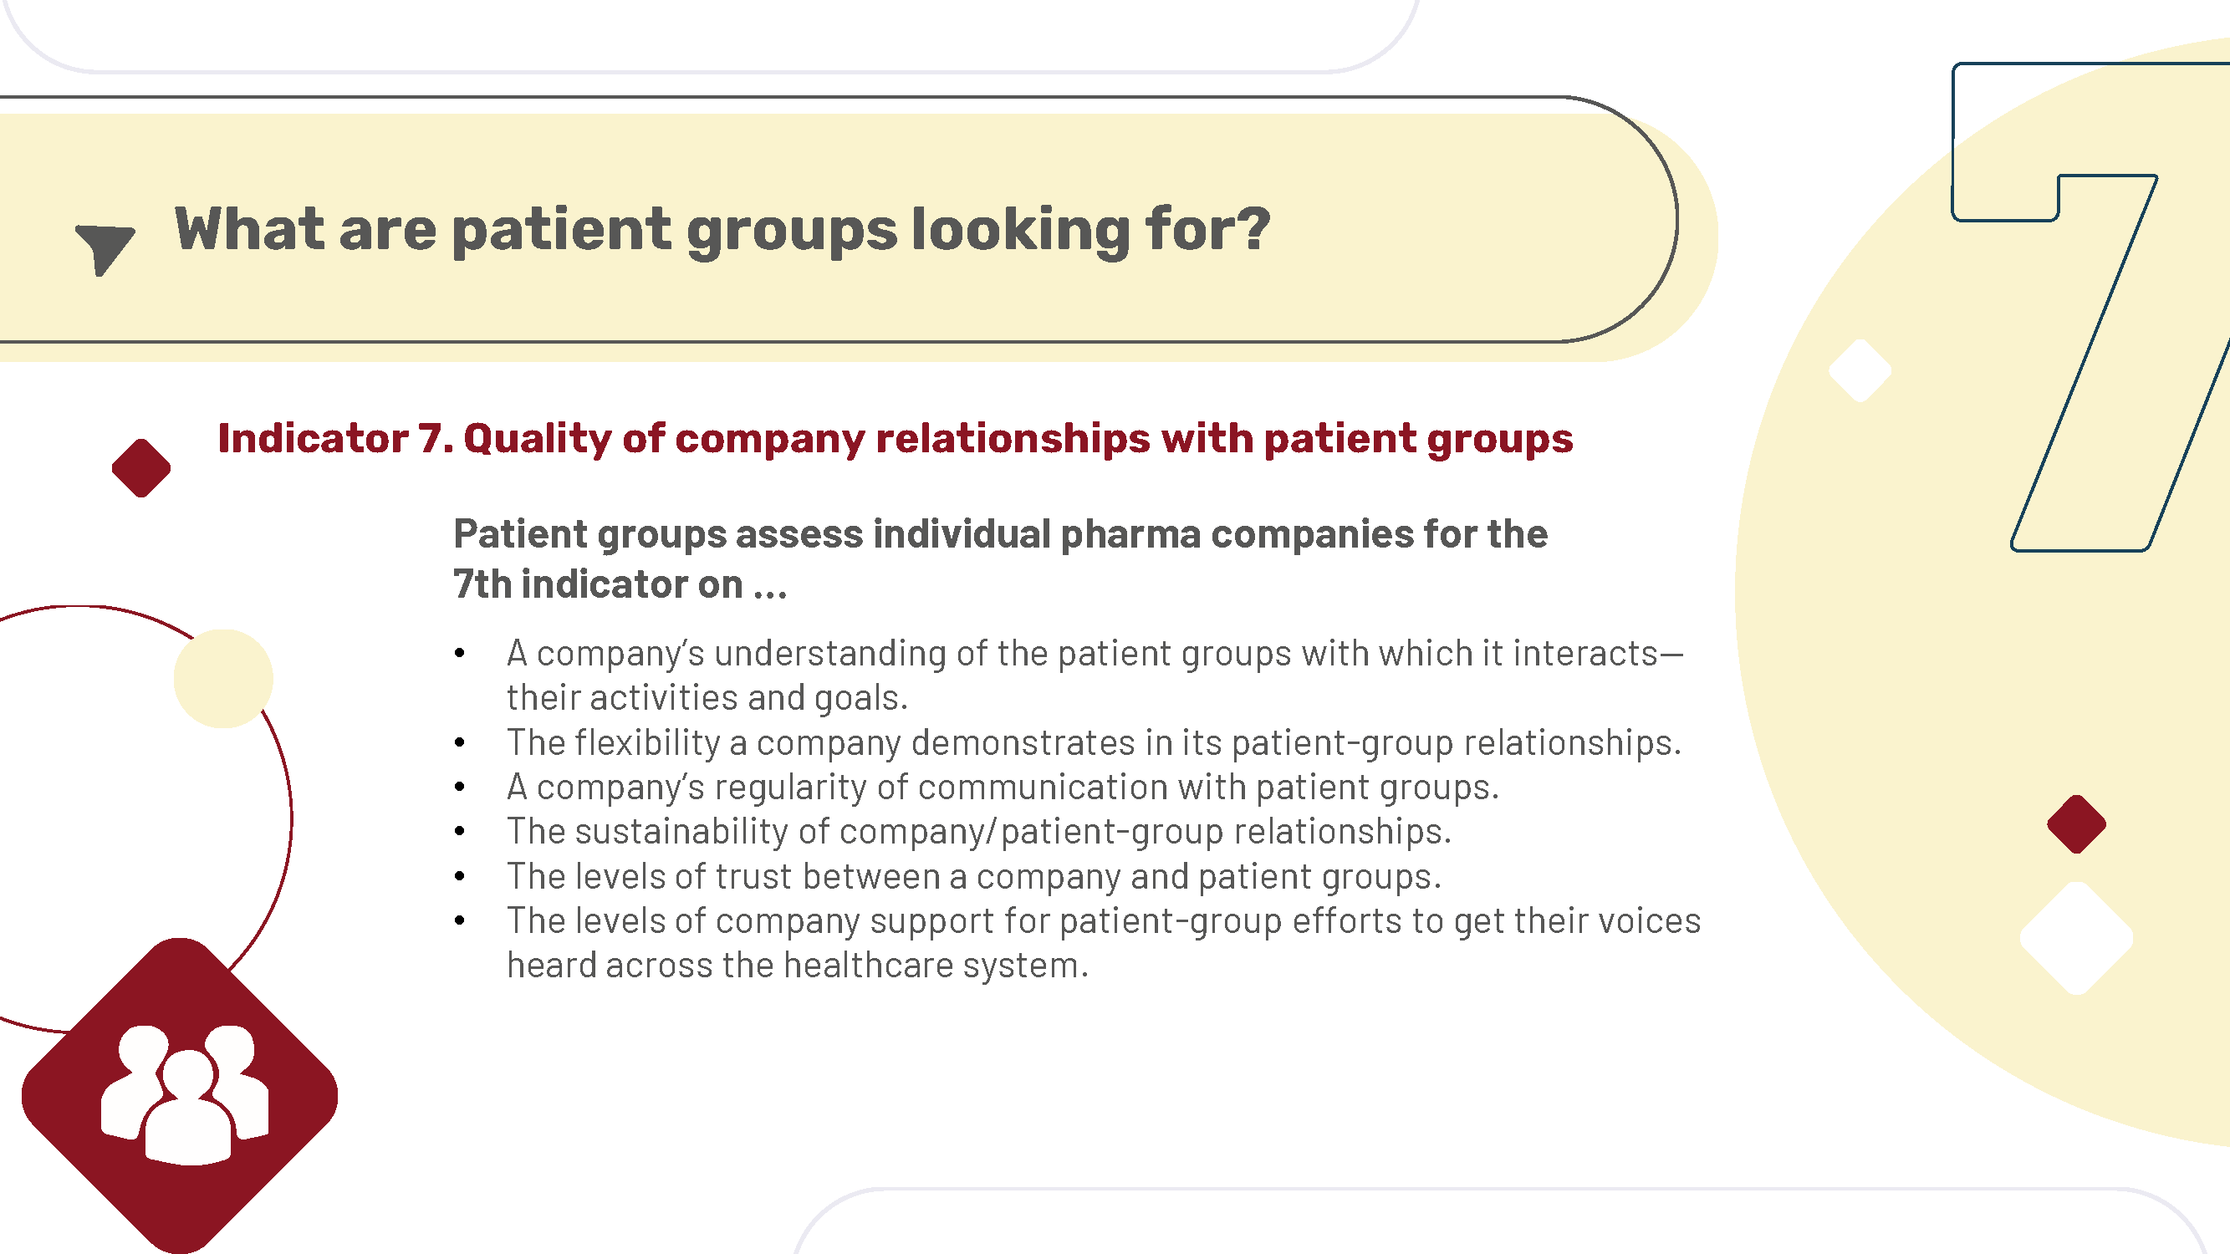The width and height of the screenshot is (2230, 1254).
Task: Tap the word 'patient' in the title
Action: [x=561, y=231]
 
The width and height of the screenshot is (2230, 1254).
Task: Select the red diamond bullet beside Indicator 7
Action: [x=141, y=468]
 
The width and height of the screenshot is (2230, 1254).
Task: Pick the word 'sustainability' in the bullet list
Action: [x=681, y=832]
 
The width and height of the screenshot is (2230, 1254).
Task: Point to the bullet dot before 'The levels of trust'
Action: [x=460, y=877]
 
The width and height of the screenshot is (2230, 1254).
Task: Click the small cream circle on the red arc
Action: [x=223, y=679]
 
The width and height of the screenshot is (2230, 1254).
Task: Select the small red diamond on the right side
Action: [x=2077, y=824]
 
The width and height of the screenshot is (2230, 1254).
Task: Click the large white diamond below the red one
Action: [x=2077, y=938]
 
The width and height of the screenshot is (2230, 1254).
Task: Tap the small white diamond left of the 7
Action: [x=1860, y=370]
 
